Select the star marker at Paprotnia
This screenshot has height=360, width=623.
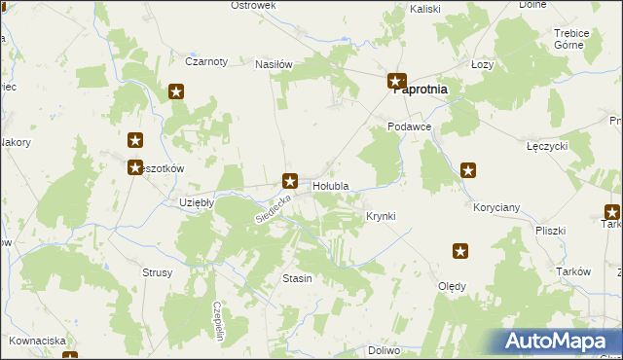[x=396, y=82]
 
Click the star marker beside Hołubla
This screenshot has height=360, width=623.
[x=290, y=179]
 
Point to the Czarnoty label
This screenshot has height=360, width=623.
[x=206, y=61]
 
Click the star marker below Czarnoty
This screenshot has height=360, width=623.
[x=176, y=92]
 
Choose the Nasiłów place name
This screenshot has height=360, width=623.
[x=274, y=64]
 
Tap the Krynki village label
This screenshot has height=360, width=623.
[x=381, y=216]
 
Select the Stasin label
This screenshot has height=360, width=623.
[x=297, y=279]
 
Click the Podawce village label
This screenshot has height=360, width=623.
[x=409, y=127]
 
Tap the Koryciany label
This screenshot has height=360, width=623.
[x=496, y=208]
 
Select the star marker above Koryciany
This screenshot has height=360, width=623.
[x=468, y=171]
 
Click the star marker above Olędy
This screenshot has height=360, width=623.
[x=460, y=252]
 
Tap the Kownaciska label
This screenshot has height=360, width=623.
[x=38, y=341]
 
